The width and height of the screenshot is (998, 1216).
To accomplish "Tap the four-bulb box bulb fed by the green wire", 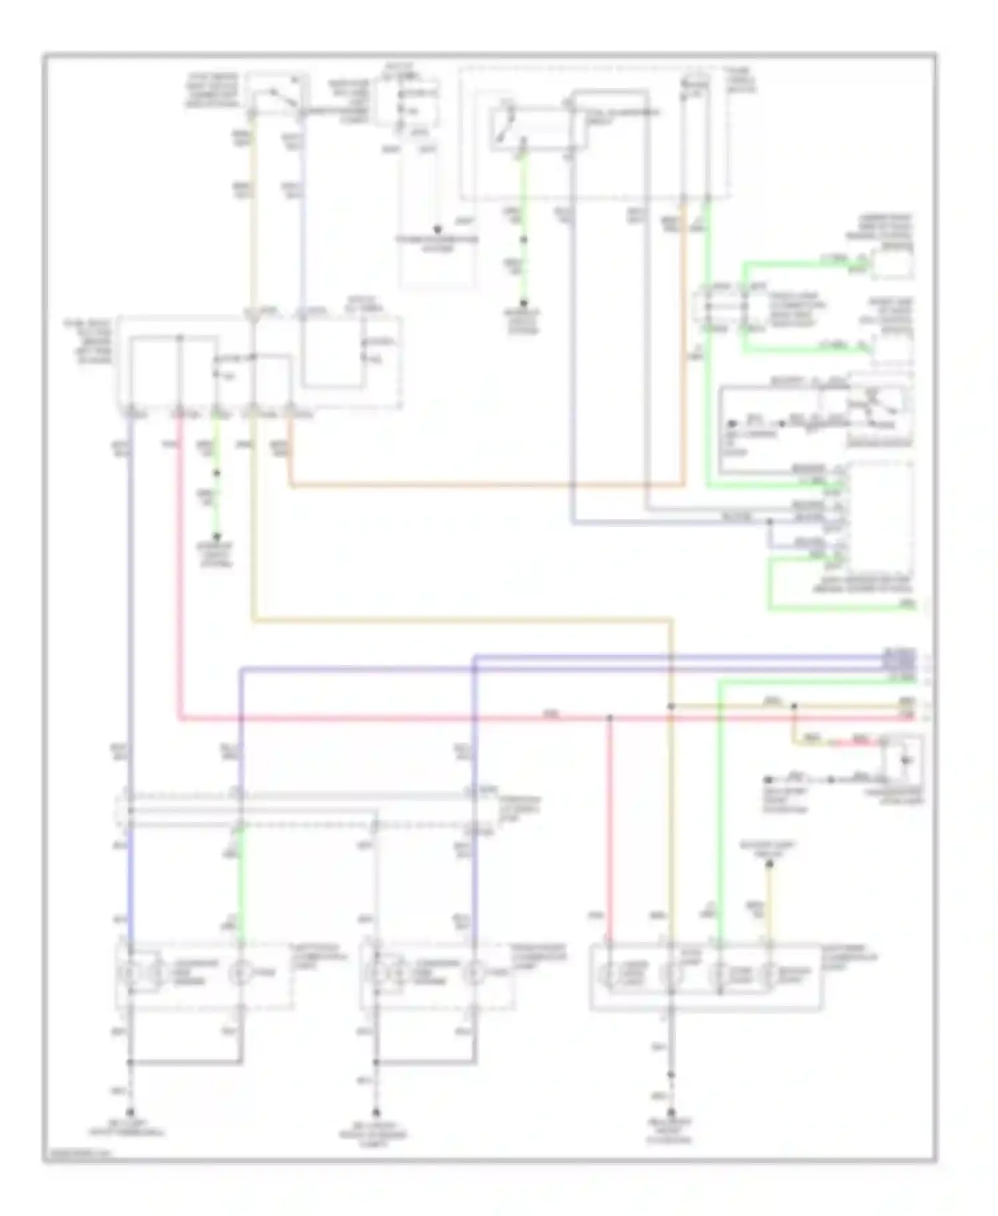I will point(719,975).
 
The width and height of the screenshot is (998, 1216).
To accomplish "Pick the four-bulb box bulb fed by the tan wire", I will point(671,975).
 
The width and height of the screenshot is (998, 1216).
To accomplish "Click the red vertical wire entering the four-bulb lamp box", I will point(609,832).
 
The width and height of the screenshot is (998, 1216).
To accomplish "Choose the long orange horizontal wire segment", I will point(486,486).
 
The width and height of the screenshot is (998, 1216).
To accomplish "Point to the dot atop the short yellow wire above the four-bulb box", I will point(769,863).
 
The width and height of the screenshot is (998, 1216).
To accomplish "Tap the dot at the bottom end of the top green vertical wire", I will point(524,303).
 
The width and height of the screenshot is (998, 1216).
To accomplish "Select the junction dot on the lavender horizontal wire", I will point(770,523).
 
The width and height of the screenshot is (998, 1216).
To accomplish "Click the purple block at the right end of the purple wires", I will point(900,660).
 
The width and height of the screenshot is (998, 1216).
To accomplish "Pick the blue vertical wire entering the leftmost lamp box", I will point(130,885).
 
